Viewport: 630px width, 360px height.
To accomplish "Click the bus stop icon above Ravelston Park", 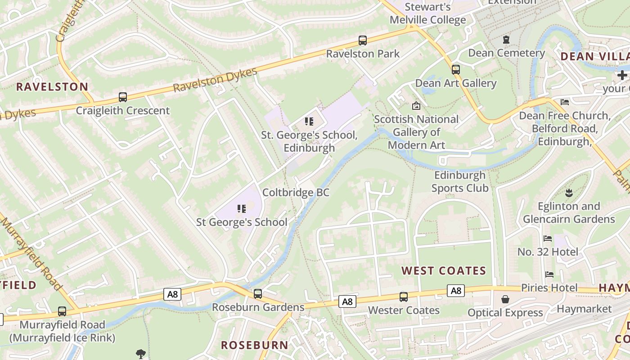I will tap(363, 40).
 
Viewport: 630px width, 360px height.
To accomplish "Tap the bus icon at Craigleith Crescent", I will tap(122, 97).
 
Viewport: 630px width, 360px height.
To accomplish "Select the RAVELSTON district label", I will tap(52, 87).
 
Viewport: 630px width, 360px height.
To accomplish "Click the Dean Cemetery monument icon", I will tap(506, 40).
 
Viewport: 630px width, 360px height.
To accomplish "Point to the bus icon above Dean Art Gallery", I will tap(456, 70).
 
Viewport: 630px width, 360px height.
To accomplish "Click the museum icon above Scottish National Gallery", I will tap(416, 106).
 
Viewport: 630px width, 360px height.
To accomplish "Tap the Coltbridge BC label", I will tap(296, 193).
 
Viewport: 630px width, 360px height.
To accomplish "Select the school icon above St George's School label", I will tap(242, 208).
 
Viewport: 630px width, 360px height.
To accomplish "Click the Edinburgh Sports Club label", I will tap(460, 181).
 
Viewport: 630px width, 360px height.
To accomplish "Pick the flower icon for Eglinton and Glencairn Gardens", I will tap(569, 193).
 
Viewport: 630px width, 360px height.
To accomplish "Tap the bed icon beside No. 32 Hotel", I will tap(548, 238).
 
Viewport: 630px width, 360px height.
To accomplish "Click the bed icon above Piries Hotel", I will tap(549, 274).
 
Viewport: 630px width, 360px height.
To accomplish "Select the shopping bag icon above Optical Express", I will tap(505, 299).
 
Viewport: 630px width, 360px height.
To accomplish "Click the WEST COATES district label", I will tap(444, 270).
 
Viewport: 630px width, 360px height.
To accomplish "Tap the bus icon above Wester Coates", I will tap(404, 297).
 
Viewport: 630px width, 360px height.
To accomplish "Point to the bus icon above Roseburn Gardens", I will tap(258, 294).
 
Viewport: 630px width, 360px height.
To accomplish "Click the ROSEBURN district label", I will tap(254, 345).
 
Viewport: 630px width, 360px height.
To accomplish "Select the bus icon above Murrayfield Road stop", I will tap(62, 311).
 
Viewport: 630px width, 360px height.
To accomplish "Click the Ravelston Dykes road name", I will tap(215, 80).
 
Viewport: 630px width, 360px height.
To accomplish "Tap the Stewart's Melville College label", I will tap(427, 13).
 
